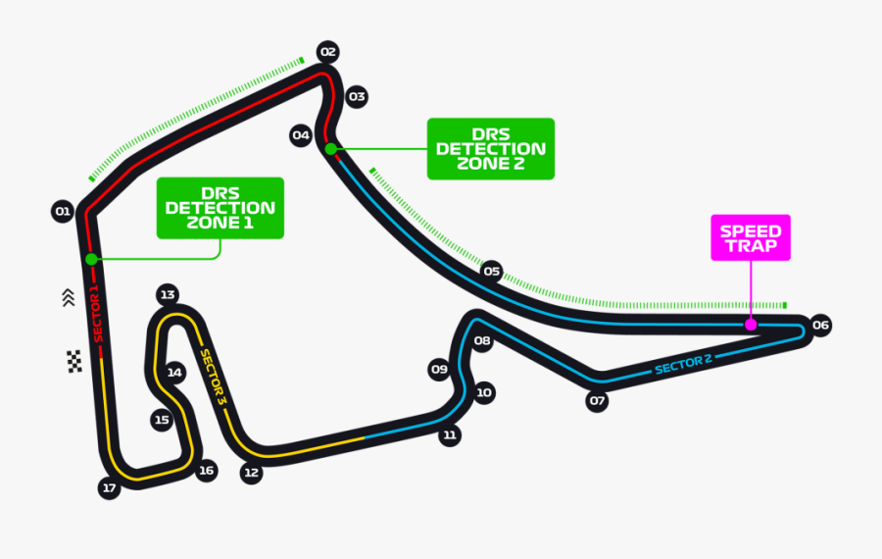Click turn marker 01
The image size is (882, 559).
click(x=63, y=211)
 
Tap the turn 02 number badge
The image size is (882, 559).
click(x=327, y=52)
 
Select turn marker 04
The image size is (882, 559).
click(x=301, y=135)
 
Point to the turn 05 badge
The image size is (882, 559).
click(x=492, y=271)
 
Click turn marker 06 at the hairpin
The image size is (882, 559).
click(x=820, y=325)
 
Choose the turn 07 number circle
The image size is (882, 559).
click(x=597, y=401)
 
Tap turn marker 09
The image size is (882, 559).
click(x=439, y=370)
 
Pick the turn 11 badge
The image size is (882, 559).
click(x=450, y=435)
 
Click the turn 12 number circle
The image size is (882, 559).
click(x=252, y=473)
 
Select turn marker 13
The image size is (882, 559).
click(x=168, y=294)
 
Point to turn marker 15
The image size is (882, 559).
click(x=163, y=420)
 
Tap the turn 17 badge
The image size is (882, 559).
click(x=109, y=488)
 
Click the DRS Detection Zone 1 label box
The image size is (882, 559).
click(x=220, y=208)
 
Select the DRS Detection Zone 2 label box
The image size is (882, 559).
click(x=491, y=149)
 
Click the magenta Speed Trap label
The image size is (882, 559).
click(x=751, y=237)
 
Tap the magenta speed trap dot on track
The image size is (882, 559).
click(x=750, y=324)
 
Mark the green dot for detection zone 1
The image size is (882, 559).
click(x=91, y=260)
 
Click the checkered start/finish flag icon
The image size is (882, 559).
click(x=73, y=361)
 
